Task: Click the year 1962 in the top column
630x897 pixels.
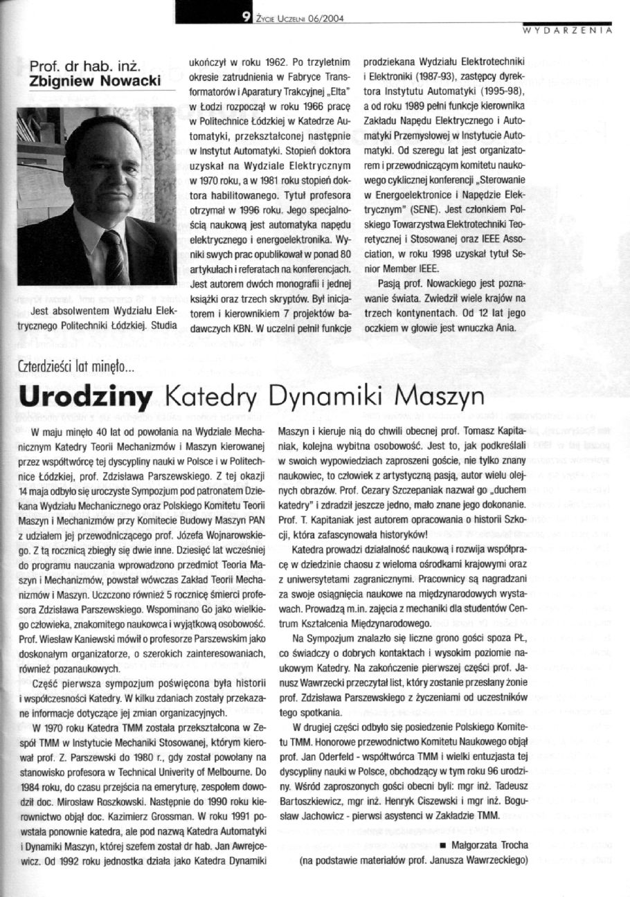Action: [x=251, y=60]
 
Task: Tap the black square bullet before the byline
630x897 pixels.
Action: [x=442, y=846]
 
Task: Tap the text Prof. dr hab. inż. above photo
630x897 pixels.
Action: [x=86, y=67]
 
